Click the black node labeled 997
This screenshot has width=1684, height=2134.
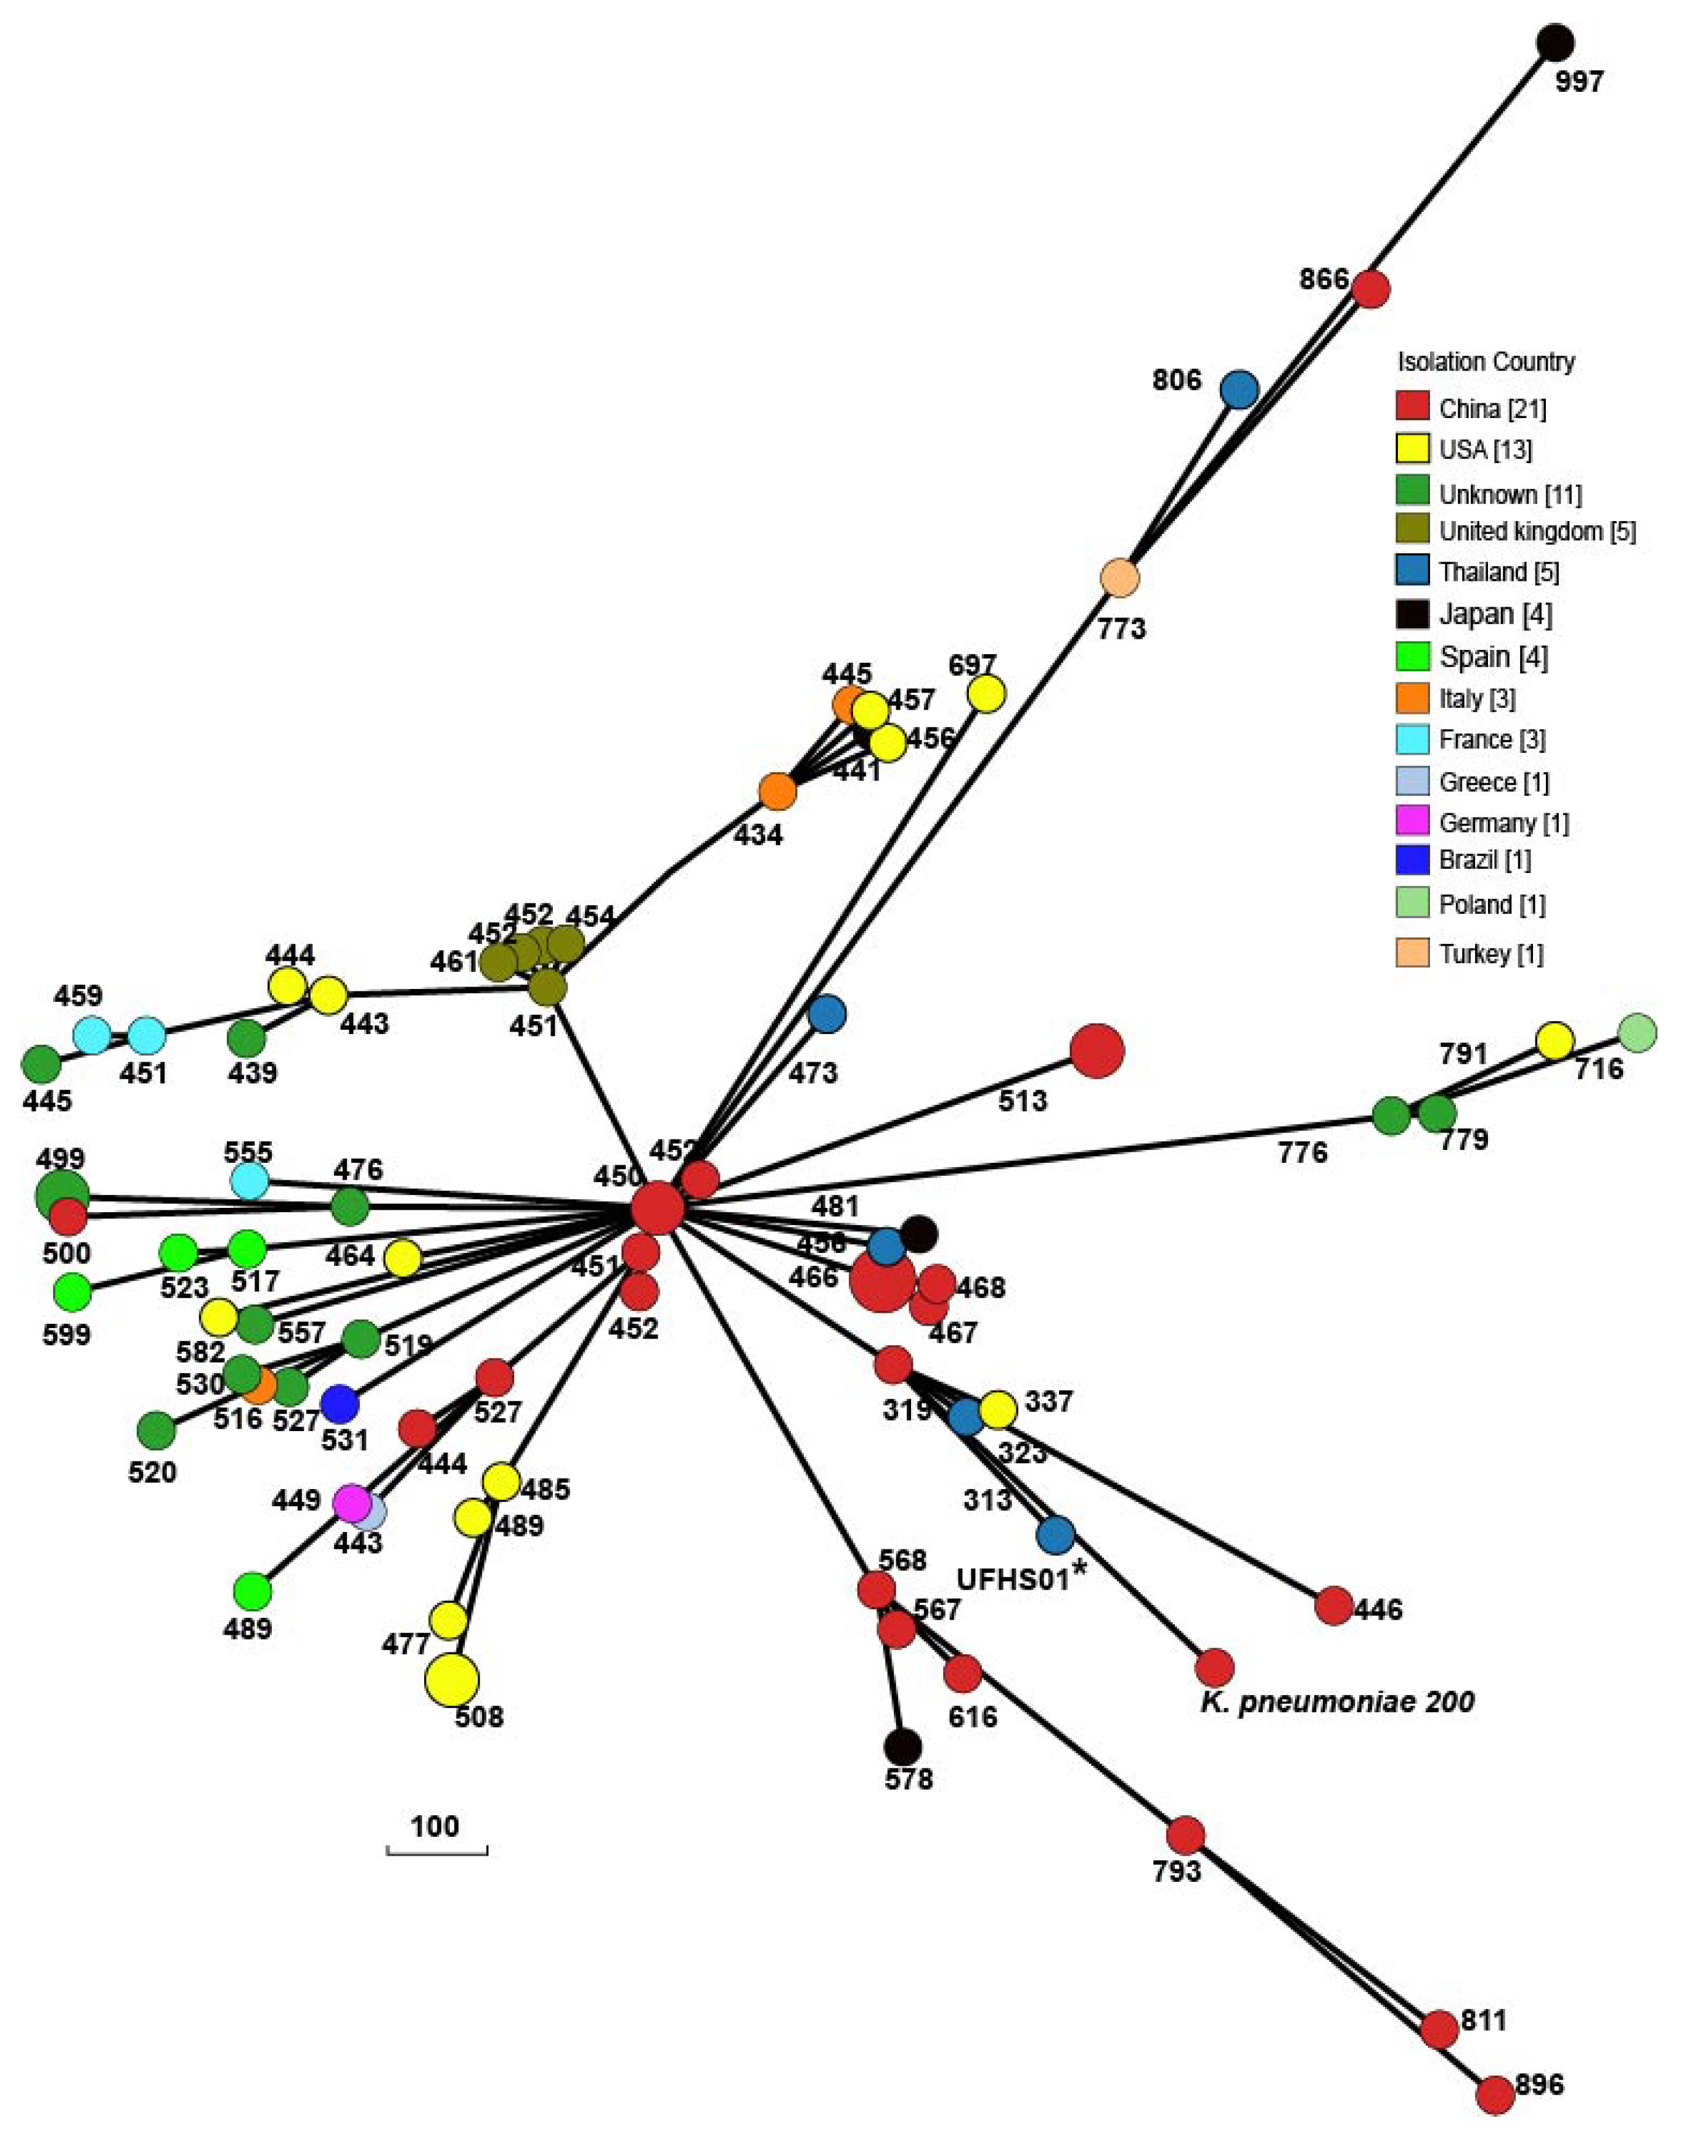(1555, 43)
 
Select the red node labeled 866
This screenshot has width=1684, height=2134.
(1370, 289)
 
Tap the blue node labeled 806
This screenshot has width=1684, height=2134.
(1240, 390)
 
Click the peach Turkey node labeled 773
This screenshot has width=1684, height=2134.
(1119, 578)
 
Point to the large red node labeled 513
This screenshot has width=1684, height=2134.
(1097, 1051)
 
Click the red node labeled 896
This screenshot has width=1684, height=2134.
(1495, 2096)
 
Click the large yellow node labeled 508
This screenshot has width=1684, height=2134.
(452, 1680)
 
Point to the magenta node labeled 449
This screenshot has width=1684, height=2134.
(351, 1503)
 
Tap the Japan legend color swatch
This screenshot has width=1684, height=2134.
(1412, 614)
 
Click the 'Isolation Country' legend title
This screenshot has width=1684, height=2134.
(1486, 362)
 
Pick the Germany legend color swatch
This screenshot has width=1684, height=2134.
(1412, 821)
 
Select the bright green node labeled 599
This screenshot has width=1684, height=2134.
(71, 1290)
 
